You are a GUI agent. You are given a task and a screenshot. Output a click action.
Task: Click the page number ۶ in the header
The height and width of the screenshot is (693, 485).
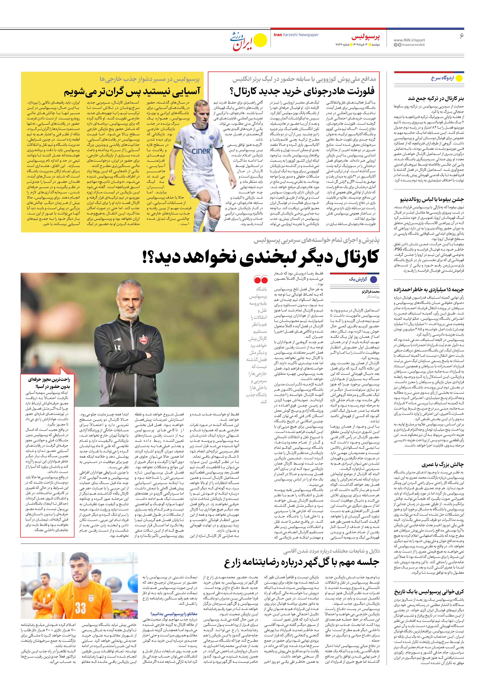click(x=461, y=36)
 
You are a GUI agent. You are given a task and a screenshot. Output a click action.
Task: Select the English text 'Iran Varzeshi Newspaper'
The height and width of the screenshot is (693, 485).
click(x=296, y=35)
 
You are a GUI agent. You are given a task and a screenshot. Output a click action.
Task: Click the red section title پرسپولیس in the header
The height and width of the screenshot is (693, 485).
click(x=365, y=37)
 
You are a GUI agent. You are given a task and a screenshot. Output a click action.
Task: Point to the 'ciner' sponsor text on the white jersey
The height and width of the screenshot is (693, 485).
click(x=201, y=150)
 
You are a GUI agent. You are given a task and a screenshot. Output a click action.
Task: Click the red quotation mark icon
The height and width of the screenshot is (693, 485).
click(x=261, y=279)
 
